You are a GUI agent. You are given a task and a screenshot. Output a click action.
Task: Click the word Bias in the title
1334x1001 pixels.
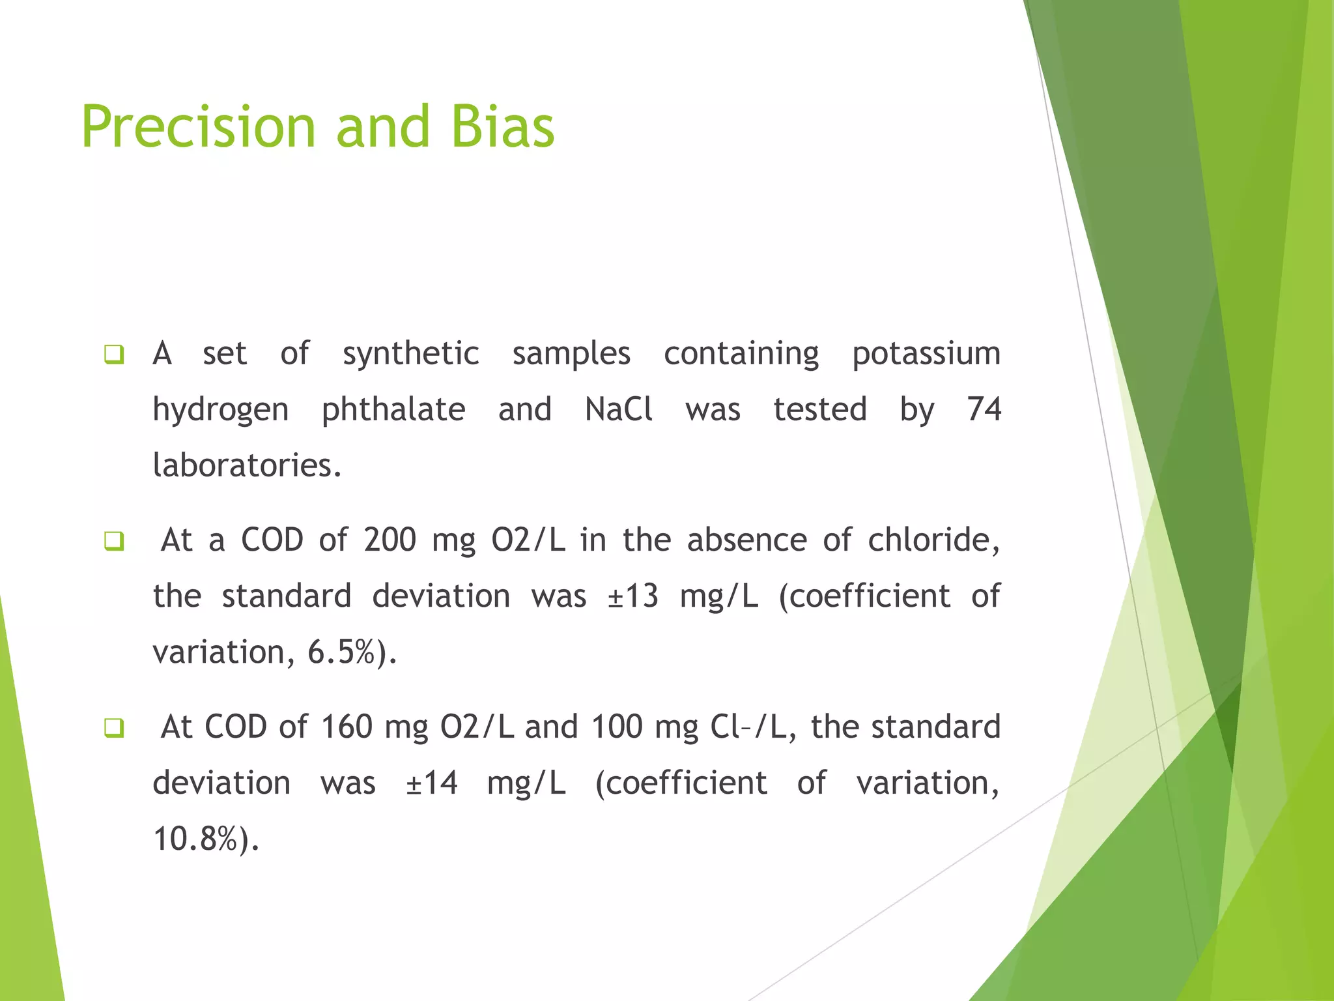[x=502, y=127]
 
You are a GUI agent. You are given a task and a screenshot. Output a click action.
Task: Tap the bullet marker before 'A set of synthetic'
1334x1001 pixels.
[x=114, y=355]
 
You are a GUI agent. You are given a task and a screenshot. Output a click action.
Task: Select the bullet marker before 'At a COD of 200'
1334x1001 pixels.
[x=114, y=541]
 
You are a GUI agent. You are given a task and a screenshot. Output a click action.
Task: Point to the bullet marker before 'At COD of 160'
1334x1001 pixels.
[x=114, y=728]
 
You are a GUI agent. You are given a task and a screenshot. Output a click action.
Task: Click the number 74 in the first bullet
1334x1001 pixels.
[x=984, y=410]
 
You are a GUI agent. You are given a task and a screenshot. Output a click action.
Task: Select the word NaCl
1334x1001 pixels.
[x=618, y=410]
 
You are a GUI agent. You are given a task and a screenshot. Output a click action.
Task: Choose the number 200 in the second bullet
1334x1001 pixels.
[x=390, y=540]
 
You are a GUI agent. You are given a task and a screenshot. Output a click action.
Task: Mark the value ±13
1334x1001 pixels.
[x=632, y=596]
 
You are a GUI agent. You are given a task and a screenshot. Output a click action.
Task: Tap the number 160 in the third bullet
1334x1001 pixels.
[x=347, y=727]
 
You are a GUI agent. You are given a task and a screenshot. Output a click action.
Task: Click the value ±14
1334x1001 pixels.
[x=431, y=783]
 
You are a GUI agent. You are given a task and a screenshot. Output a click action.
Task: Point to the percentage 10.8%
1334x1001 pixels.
[x=195, y=839]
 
